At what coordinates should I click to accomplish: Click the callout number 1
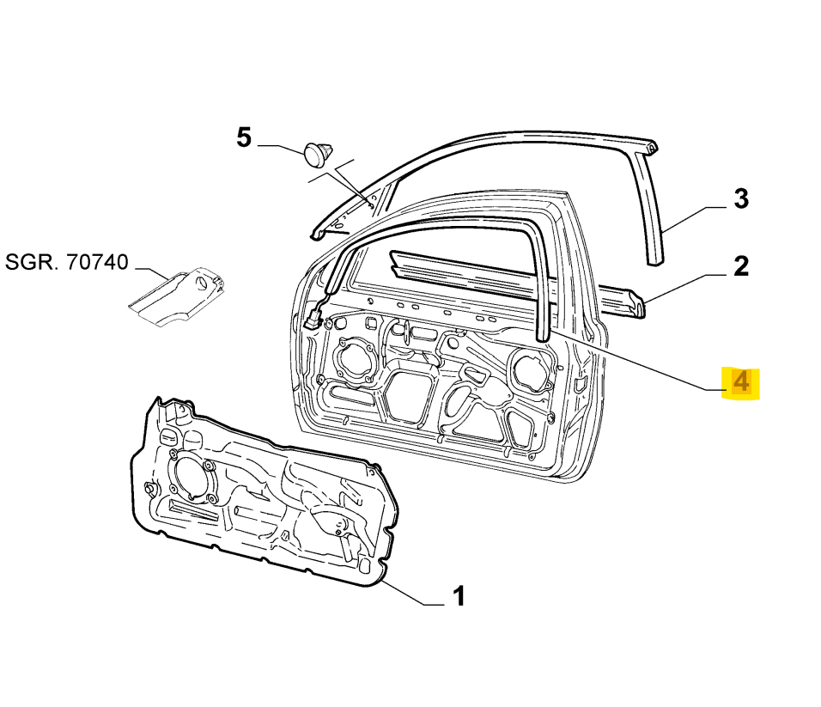459,594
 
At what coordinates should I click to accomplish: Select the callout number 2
740,265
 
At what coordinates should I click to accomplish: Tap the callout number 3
740,199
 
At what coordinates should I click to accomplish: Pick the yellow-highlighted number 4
741,383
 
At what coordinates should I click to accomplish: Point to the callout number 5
244,137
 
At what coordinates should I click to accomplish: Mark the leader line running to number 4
636,361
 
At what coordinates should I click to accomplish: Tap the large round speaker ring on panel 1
191,475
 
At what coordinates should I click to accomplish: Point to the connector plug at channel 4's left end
312,320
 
